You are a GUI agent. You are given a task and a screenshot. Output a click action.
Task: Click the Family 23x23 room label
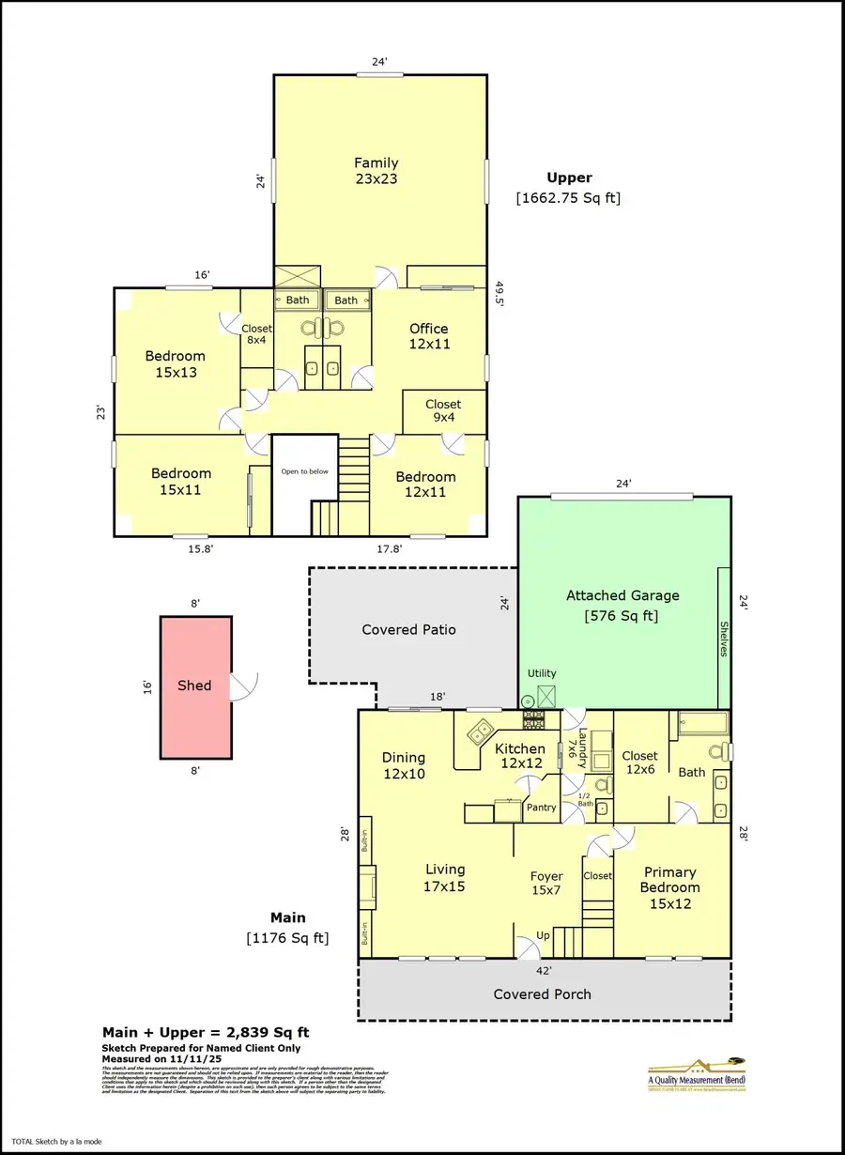point(376,170)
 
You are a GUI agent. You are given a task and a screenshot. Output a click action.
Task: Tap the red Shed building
point(195,686)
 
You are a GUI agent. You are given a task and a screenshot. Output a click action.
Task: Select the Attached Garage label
point(622,606)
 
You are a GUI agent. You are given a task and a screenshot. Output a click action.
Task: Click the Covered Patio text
point(409,629)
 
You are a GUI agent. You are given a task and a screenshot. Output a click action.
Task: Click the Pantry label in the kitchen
point(542,808)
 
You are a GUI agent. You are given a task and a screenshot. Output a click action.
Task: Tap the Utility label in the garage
point(542,673)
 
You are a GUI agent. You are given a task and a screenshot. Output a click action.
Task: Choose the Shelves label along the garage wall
point(724,638)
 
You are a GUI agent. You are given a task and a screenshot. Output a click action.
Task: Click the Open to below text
point(305,471)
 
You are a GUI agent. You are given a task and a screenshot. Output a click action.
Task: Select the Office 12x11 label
point(429,336)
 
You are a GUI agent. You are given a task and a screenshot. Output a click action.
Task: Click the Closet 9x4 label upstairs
point(443,411)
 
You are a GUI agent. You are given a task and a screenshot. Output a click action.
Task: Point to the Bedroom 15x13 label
point(176,364)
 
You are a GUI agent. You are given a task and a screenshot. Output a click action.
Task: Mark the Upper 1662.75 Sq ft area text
point(569,188)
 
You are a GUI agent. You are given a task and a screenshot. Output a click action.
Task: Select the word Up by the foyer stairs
point(542,936)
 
